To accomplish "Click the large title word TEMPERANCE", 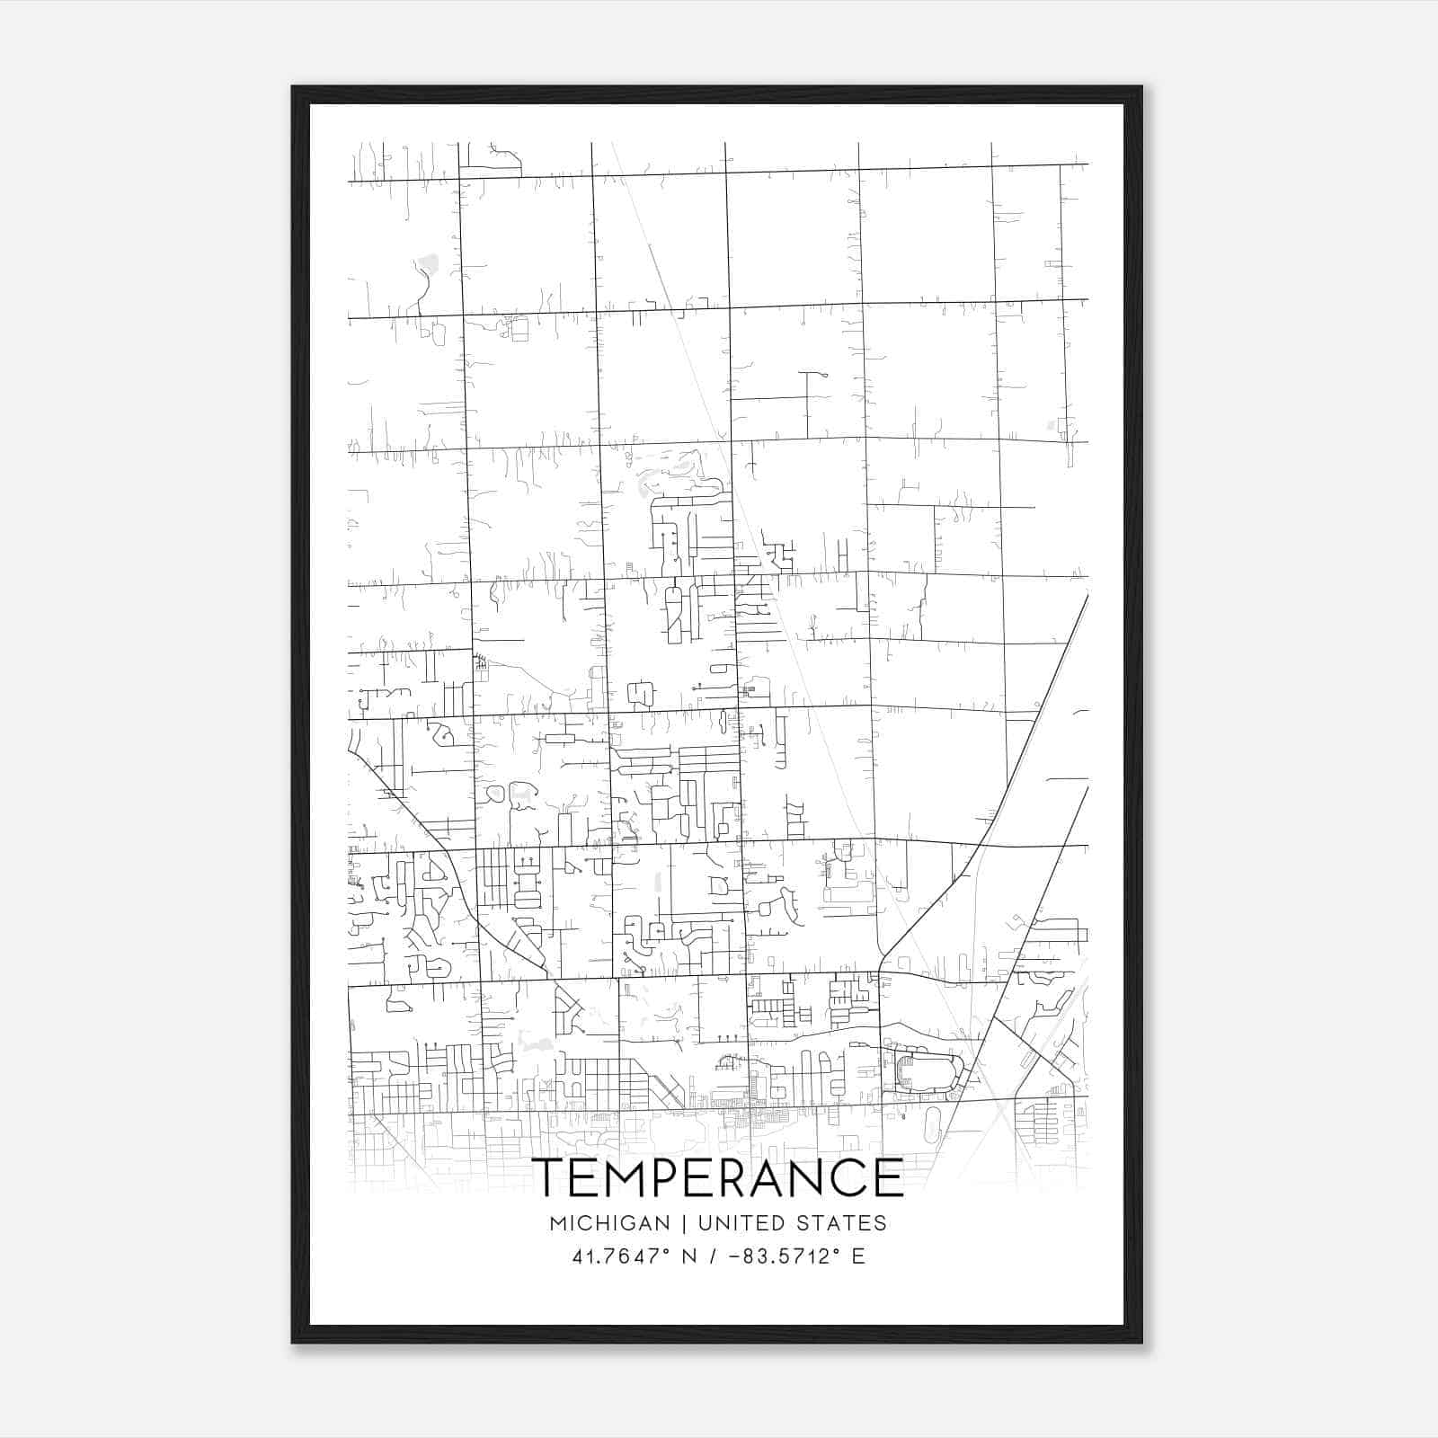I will [x=718, y=1177].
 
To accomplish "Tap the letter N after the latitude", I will [x=689, y=1256].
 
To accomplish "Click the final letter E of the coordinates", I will [x=858, y=1256].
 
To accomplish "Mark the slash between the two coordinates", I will [x=711, y=1256].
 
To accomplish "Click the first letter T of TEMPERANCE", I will [x=548, y=1177].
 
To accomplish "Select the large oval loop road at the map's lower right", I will [x=930, y=1074].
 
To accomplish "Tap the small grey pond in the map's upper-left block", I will [x=428, y=264].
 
